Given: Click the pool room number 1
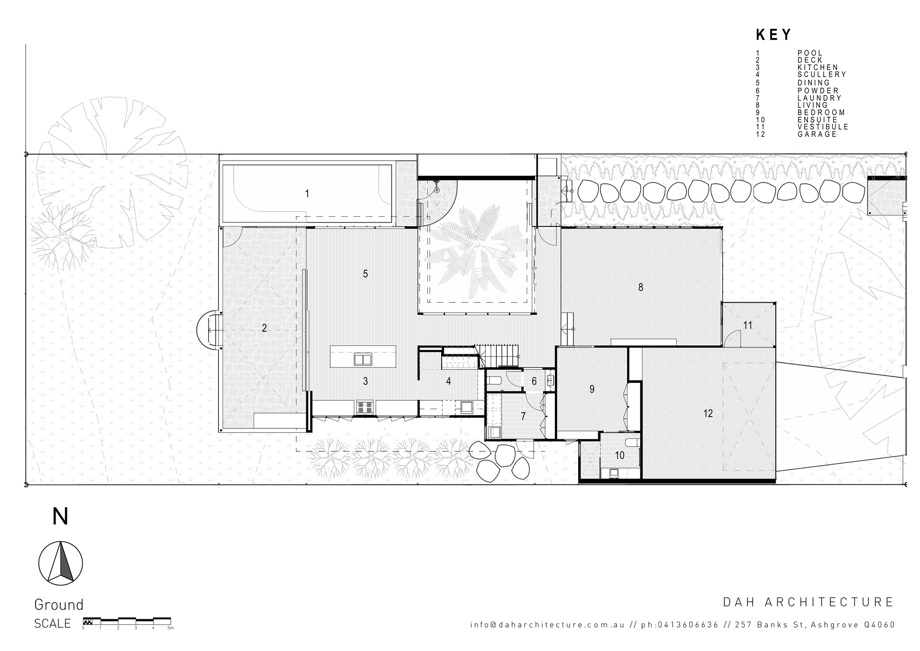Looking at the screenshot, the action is tap(307, 194).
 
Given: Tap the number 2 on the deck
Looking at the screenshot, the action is tap(264, 328).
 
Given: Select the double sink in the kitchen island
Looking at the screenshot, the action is tap(362, 359).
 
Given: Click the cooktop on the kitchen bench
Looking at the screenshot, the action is tap(365, 407).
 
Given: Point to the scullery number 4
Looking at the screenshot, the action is tap(448, 381).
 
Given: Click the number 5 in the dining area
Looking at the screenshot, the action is tap(365, 274).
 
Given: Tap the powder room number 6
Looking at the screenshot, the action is tap(534, 381).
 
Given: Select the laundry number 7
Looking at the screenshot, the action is tap(523, 416).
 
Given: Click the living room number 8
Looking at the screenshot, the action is tap(641, 287).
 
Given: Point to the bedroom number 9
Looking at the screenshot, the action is tap(592, 389).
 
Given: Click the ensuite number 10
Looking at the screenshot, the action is tap(620, 455).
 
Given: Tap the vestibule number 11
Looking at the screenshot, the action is tap(747, 325).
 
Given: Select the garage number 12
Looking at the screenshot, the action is tap(708, 413).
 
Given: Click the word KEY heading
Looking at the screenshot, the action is tap(774, 35).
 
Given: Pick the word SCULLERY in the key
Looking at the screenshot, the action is tap(822, 75).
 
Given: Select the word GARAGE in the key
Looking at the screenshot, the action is tap(817, 134).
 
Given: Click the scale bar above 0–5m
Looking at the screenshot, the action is tap(126, 620).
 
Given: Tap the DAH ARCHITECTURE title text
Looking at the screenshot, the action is tap(808, 602).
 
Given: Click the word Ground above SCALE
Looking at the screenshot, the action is tap(59, 604).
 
